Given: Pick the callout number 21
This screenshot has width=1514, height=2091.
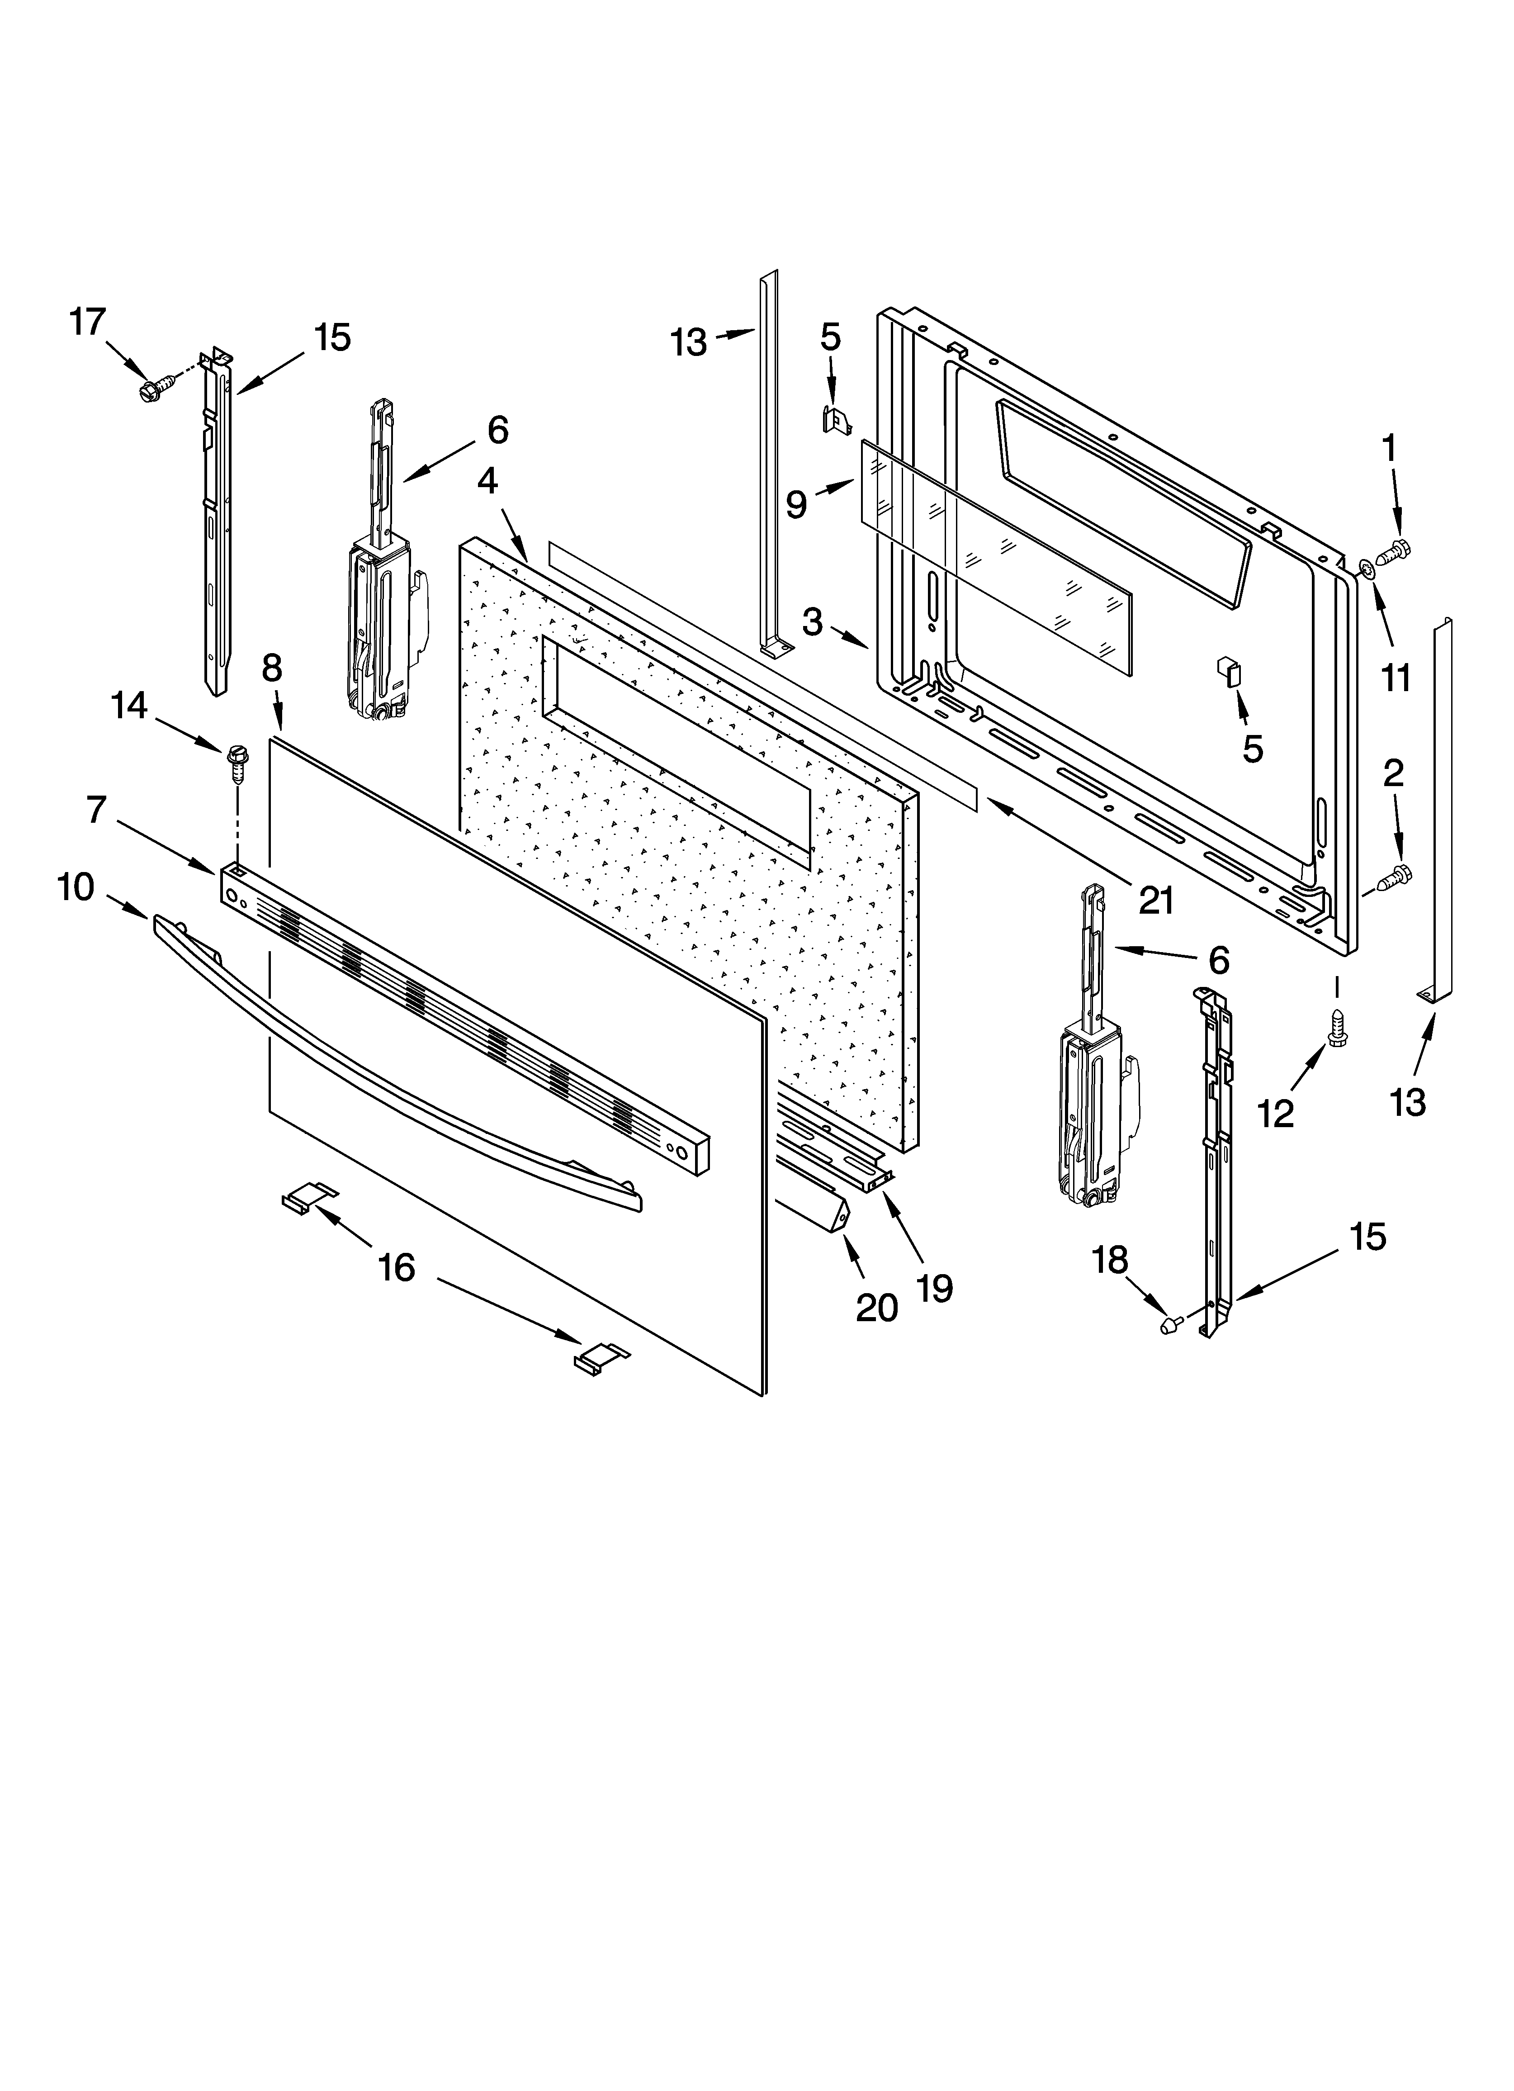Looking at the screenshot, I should tap(1155, 900).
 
